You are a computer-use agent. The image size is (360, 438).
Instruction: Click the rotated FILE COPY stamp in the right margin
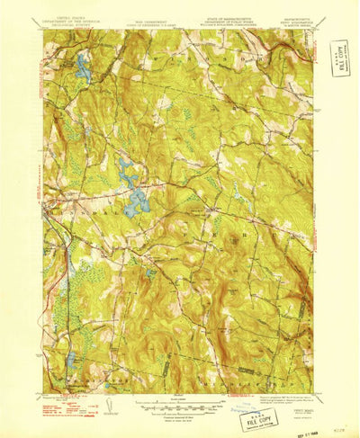[x=338, y=58]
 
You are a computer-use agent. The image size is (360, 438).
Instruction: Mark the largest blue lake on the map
[x=136, y=203]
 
